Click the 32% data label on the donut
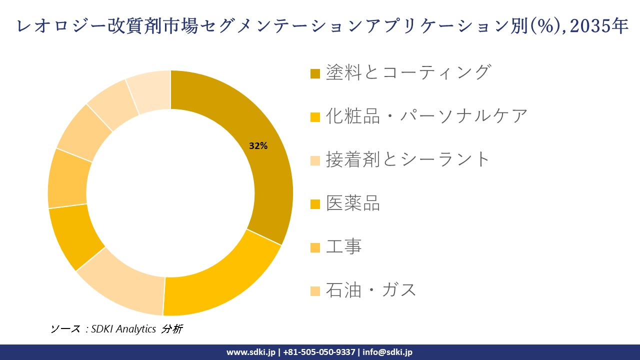point(258,146)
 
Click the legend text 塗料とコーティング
point(408,72)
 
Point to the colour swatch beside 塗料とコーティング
point(315,73)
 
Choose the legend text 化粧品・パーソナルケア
point(426,116)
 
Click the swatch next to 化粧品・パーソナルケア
point(315,117)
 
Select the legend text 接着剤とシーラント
point(408,159)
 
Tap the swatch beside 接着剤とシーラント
point(315,160)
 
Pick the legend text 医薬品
point(353,203)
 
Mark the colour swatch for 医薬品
point(315,204)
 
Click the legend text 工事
point(343,246)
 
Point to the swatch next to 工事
point(315,247)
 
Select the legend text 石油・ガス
point(371,289)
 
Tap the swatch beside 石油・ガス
point(315,291)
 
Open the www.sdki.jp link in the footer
point(251,352)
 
